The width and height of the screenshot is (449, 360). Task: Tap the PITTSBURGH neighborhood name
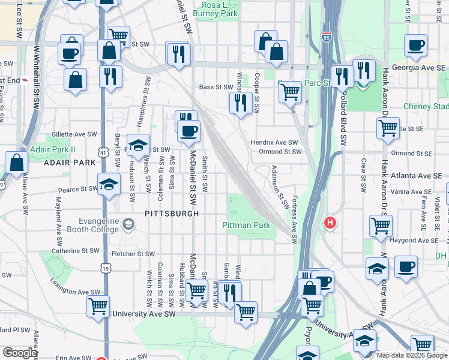pos(172,213)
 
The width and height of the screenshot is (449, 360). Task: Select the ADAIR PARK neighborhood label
pos(69,163)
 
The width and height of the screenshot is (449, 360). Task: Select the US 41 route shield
pos(104,154)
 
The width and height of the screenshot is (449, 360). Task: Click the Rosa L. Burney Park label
pos(217,9)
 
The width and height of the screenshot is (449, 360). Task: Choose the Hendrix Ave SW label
pos(274,142)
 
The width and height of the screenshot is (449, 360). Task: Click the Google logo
pos(19,352)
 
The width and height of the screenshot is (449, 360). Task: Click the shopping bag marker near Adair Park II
pos(17,163)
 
